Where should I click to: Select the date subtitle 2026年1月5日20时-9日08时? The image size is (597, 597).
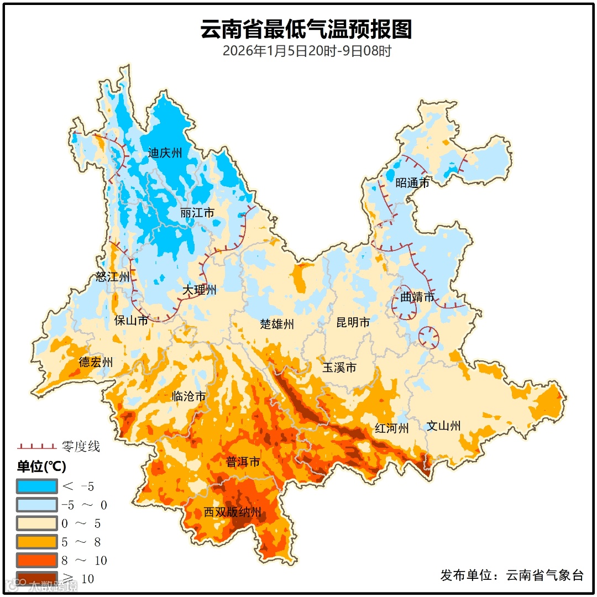307,51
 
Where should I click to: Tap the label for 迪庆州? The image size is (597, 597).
165,153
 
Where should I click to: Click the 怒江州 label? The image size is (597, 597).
112,277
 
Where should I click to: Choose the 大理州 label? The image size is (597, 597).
200,290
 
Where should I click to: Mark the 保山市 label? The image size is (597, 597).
131,320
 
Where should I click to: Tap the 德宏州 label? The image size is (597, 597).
96,362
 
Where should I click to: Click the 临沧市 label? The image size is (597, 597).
188,396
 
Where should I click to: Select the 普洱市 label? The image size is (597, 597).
243,462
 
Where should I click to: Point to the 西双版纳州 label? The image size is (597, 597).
232,512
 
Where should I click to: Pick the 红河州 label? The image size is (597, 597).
391,428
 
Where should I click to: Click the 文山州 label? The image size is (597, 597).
443,426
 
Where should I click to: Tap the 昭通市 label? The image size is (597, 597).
412,183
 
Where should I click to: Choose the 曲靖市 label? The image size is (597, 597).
417,297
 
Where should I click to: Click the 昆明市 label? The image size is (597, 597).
353,322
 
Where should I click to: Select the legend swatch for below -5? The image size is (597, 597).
36,486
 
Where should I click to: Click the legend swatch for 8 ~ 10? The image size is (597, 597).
36,560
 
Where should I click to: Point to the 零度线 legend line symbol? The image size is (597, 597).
36,446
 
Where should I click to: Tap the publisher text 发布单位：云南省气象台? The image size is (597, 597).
512,575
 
